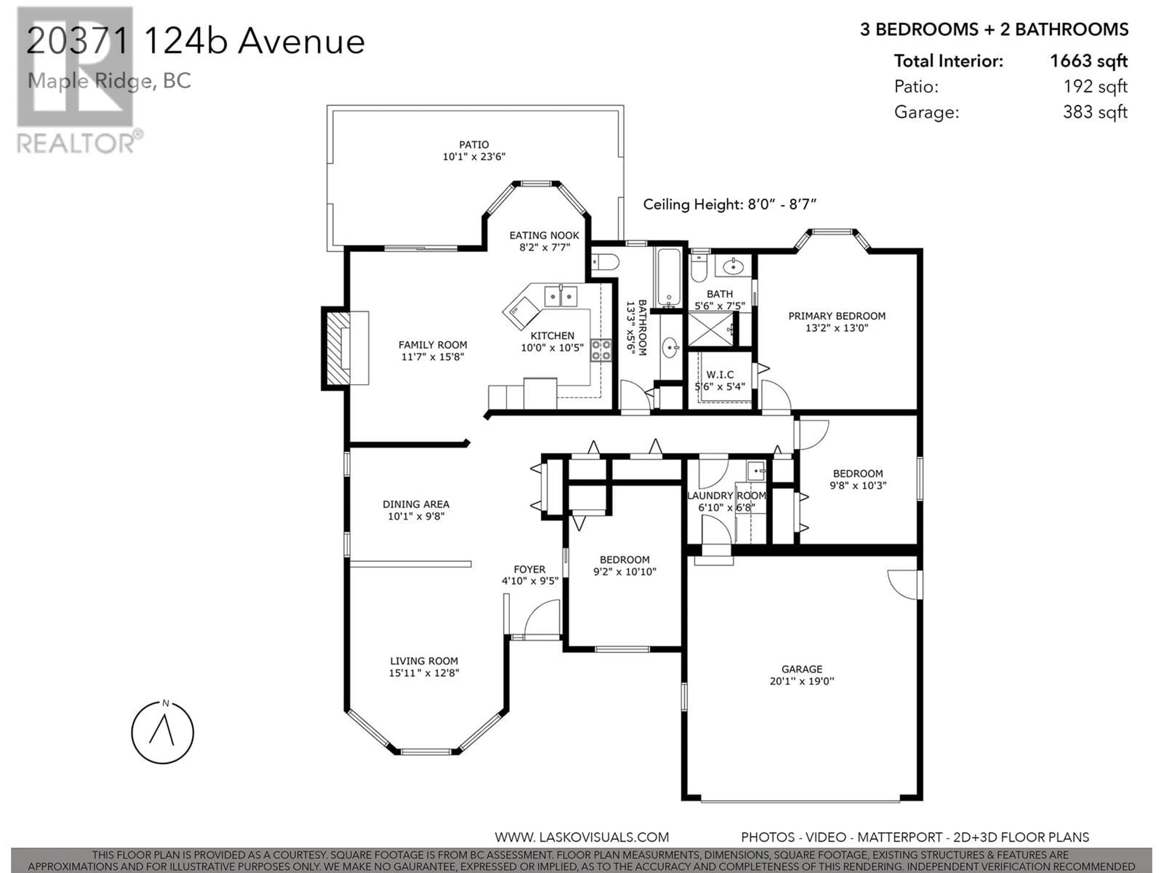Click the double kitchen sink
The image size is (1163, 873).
(x=561, y=296)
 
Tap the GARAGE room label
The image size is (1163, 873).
(x=802, y=669)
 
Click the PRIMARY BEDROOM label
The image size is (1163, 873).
(x=837, y=316)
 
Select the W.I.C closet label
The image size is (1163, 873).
(x=720, y=375)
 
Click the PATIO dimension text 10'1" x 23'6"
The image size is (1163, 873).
(x=474, y=156)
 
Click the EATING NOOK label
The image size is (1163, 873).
(x=544, y=235)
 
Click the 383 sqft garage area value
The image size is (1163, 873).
(x=1095, y=112)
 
